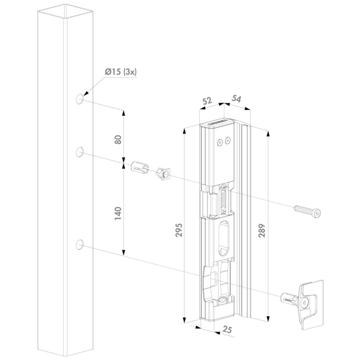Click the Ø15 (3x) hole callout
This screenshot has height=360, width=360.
click(x=121, y=72)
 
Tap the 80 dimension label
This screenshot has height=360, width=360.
click(x=118, y=139)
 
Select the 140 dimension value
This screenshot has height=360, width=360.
click(x=118, y=213)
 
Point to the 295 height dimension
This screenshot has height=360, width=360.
click(x=179, y=230)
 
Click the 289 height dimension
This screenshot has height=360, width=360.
click(x=262, y=230)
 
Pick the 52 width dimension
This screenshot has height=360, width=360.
click(x=207, y=101)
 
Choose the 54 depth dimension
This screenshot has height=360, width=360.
click(x=236, y=99)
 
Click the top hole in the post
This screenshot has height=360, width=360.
click(x=79, y=99)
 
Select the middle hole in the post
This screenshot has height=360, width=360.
click(x=79, y=152)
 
